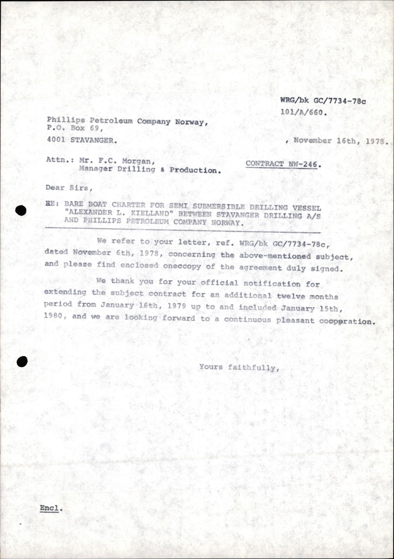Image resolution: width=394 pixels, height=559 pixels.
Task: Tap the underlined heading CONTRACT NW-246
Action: click(x=282, y=164)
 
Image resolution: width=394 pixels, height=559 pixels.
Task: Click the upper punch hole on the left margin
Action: click(x=21, y=210)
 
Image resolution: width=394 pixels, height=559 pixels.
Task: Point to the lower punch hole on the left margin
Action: click(x=22, y=362)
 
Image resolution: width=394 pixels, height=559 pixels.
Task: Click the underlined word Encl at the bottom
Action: click(x=49, y=508)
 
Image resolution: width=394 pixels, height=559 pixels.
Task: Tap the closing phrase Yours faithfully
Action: click(x=239, y=367)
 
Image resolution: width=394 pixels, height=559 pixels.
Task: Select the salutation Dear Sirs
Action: click(x=67, y=188)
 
